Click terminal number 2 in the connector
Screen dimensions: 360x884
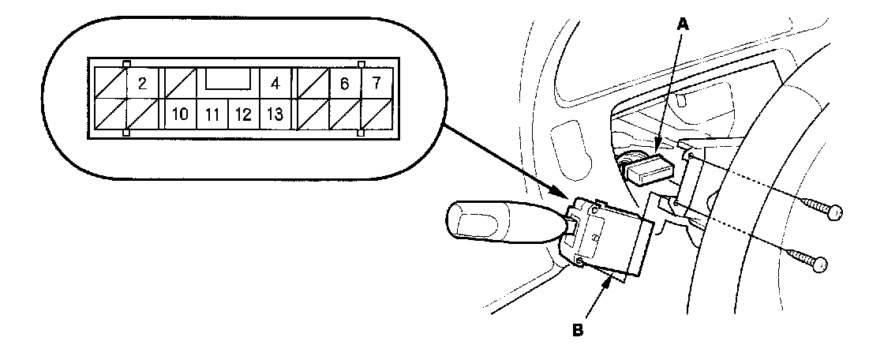click(143, 83)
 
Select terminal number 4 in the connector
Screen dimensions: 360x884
click(275, 83)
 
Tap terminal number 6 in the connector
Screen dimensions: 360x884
click(344, 83)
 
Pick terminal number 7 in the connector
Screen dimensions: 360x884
click(376, 83)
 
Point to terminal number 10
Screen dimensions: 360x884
click(180, 114)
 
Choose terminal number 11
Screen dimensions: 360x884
click(212, 114)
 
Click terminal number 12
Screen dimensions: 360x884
click(243, 114)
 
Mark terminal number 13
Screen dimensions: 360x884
click(275, 114)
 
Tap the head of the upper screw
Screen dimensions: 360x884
click(831, 211)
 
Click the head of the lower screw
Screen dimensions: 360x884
click(820, 264)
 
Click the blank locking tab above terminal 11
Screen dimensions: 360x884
click(229, 79)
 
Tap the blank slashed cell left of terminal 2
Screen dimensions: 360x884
click(110, 83)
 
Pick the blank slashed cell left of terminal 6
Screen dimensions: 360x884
click(311, 83)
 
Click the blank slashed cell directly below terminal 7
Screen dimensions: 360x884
click(376, 114)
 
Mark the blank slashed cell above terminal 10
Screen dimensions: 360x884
click(180, 83)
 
